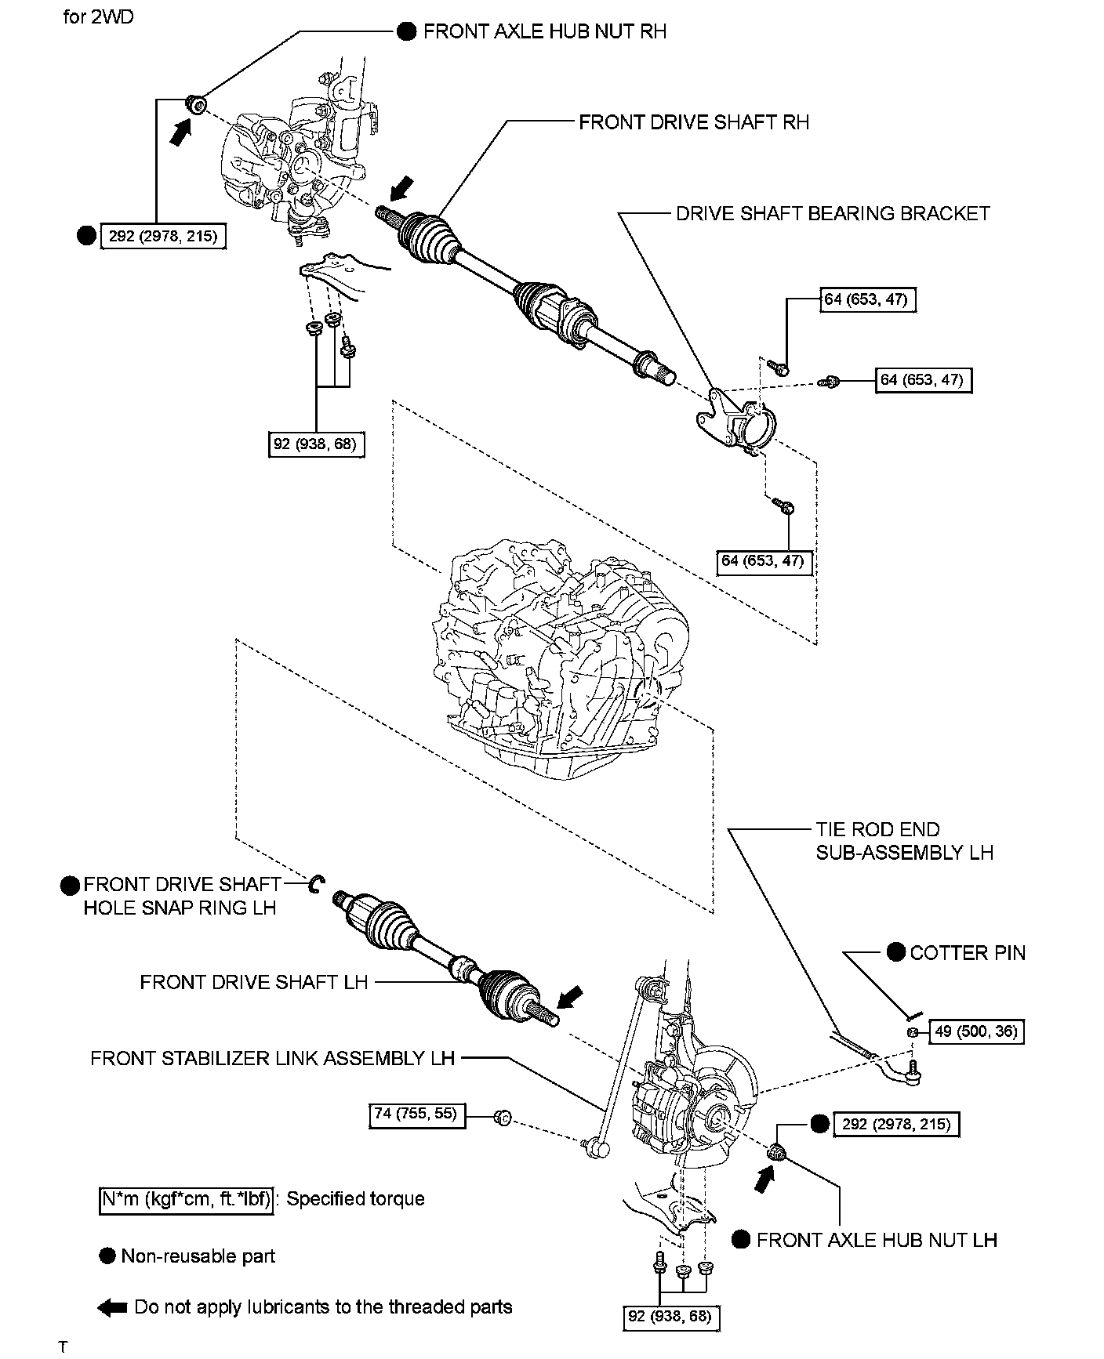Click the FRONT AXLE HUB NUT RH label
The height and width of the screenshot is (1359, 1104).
pyautogui.click(x=544, y=31)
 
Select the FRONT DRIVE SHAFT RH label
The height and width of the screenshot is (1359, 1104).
pyautogui.click(x=693, y=122)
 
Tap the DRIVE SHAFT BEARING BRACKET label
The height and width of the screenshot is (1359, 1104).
pyautogui.click(x=833, y=213)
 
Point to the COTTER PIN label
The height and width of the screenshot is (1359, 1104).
pyautogui.click(x=967, y=952)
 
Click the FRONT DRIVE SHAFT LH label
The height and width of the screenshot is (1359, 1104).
pyautogui.click(x=253, y=982)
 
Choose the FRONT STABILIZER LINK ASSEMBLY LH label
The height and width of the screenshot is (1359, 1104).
pyautogui.click(x=272, y=1058)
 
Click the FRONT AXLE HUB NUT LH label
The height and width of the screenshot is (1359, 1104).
pyautogui.click(x=876, y=1239)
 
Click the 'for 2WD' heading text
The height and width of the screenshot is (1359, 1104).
pyautogui.click(x=98, y=16)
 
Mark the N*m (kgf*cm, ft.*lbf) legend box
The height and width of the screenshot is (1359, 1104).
pyautogui.click(x=187, y=1198)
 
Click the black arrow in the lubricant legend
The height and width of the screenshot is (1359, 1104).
pyautogui.click(x=112, y=1307)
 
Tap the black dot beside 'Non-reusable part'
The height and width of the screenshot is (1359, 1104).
pyautogui.click(x=107, y=1256)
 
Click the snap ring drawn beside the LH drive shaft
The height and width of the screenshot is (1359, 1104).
pyautogui.click(x=318, y=883)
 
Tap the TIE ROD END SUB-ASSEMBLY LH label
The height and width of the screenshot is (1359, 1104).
pyautogui.click(x=904, y=841)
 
